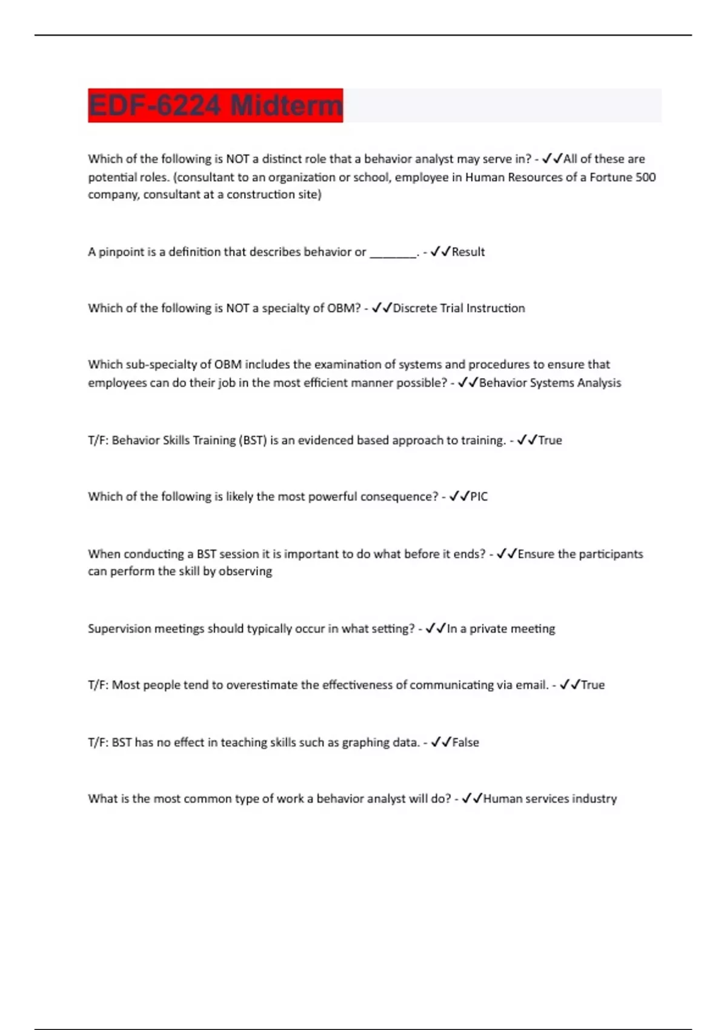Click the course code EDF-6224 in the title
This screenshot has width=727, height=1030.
tap(154, 106)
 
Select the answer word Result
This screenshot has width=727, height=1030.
tap(468, 252)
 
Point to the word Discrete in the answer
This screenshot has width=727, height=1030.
tap(415, 308)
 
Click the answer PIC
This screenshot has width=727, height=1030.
tap(479, 497)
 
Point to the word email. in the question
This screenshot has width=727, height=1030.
tap(532, 685)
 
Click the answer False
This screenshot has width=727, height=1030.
tap(465, 743)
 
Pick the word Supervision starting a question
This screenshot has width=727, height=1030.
tap(119, 629)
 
